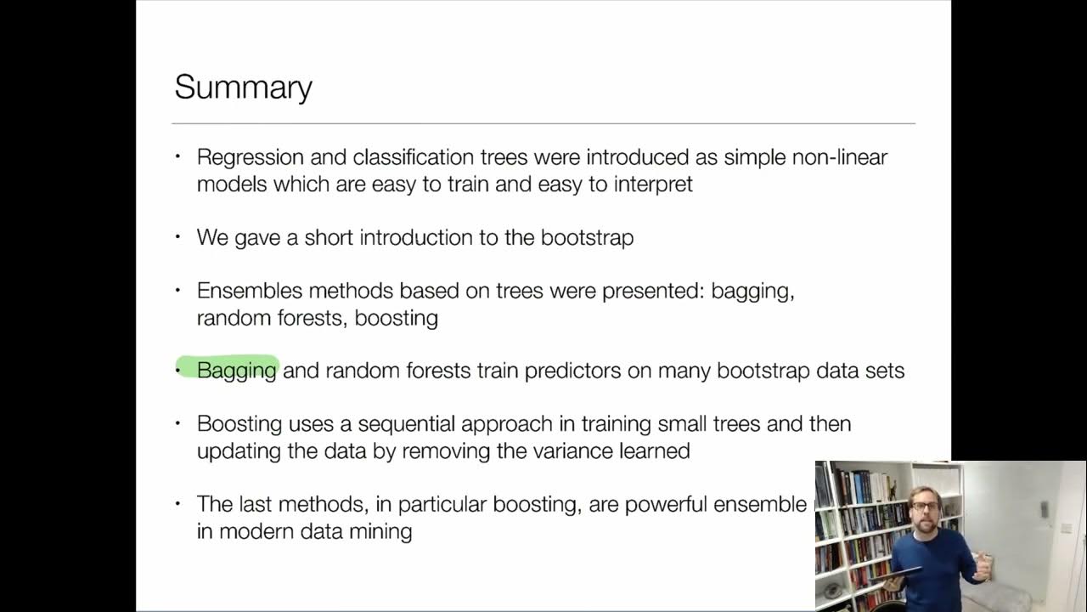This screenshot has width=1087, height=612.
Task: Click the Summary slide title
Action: tap(243, 88)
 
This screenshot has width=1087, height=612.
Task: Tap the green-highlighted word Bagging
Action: tap(236, 371)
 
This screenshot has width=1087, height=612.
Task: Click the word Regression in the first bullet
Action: tap(245, 157)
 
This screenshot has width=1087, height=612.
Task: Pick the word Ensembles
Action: tap(250, 291)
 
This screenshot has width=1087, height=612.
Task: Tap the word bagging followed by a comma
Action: tap(752, 292)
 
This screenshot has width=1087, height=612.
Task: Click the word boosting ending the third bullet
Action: tap(397, 318)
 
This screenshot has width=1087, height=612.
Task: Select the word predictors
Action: tap(573, 371)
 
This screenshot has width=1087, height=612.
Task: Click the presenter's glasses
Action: tap(925, 507)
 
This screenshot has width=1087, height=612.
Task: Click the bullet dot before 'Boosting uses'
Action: tap(178, 423)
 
